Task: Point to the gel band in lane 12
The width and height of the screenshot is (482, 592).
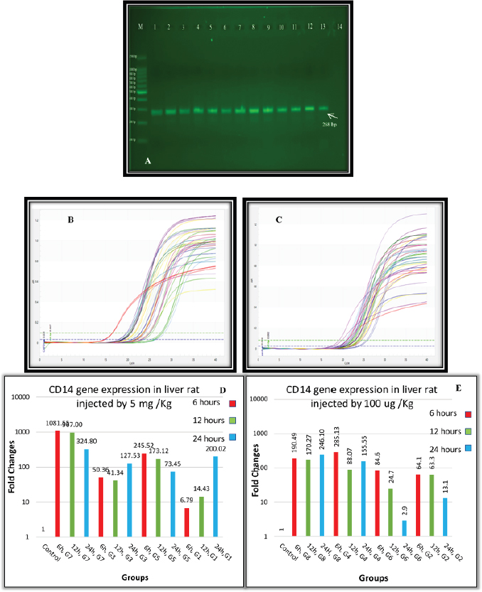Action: pos(310,108)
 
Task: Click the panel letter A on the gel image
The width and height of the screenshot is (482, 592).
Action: pos(147,161)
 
